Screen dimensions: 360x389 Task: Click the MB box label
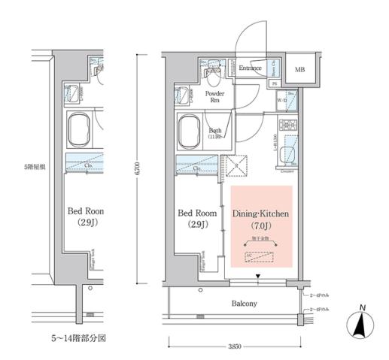coord(299,70)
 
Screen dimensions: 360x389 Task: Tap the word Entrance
coord(250,68)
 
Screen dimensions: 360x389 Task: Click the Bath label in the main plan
coord(215,132)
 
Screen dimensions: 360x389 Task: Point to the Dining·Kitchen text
coord(260,214)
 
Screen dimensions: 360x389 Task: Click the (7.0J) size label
coord(260,226)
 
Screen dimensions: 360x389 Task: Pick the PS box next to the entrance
coord(275,83)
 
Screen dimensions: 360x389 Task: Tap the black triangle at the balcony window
coord(259,277)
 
